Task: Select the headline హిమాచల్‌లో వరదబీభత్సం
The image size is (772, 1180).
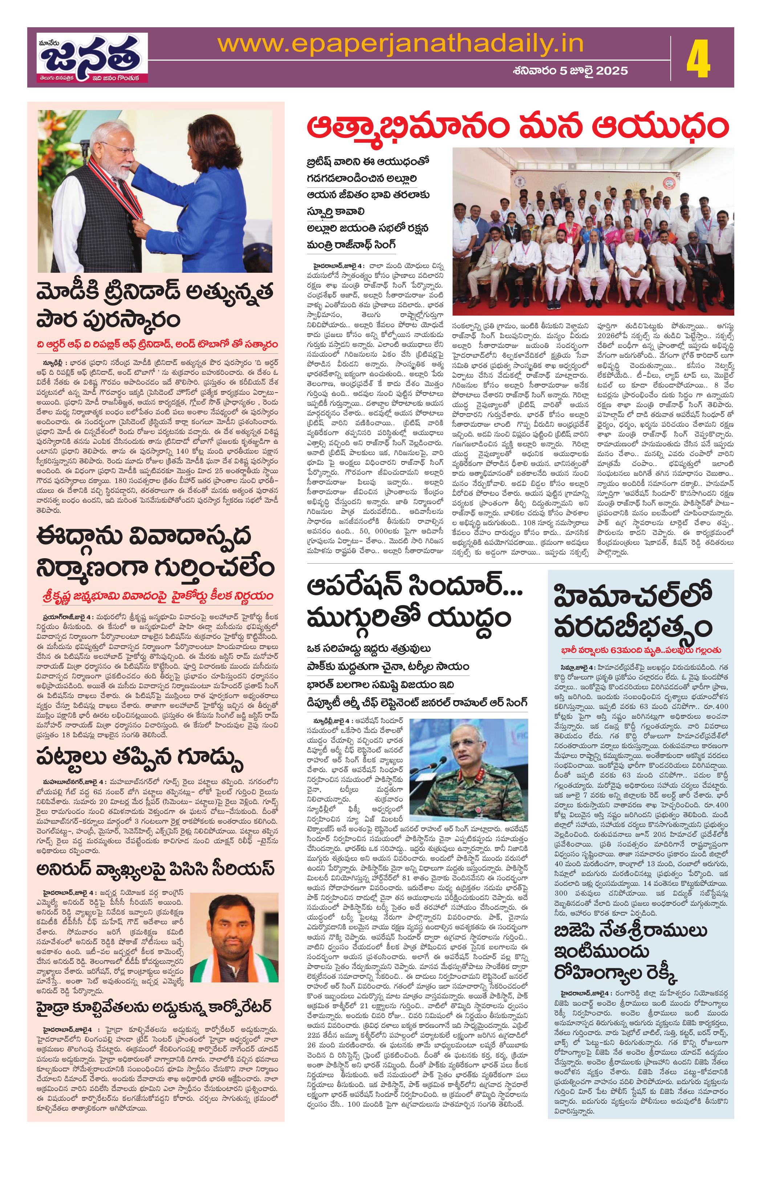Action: [639, 611]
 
